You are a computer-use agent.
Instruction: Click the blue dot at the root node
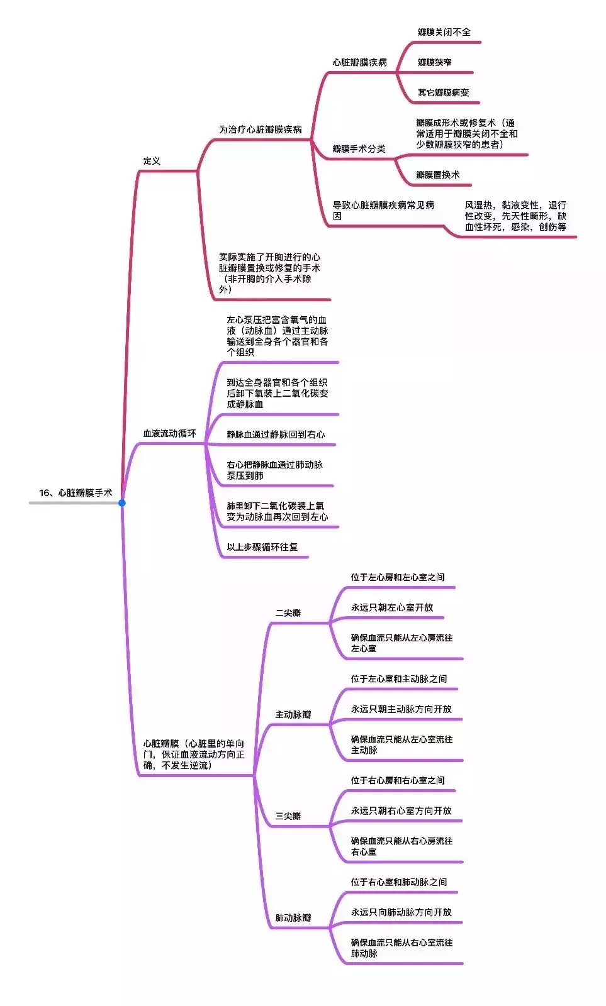[122, 502]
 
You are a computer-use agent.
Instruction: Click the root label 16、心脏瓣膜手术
[76, 493]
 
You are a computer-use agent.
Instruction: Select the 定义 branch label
[152, 161]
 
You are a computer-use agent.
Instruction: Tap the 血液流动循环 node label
[169, 433]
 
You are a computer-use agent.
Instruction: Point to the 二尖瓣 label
[288, 612]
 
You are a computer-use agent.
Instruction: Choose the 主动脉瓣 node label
[293, 714]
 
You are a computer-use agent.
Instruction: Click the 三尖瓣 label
[288, 815]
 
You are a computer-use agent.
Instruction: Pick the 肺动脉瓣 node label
[293, 917]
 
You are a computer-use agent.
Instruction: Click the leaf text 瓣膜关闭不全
[444, 32]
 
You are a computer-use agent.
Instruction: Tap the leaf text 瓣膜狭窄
[434, 62]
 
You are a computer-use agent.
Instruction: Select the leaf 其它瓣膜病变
[443, 92]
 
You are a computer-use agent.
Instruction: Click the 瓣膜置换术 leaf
[438, 175]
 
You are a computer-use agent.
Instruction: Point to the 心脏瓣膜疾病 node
[360, 62]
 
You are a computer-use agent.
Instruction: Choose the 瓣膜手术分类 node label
[359, 148]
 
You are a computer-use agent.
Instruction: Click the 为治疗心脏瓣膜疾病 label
[261, 130]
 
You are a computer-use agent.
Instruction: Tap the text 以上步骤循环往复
[262, 546]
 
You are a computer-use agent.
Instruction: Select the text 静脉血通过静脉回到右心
[276, 434]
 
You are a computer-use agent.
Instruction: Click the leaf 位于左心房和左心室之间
[398, 577]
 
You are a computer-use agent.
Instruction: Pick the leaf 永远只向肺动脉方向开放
[401, 912]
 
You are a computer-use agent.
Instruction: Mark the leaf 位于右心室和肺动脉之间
[399, 882]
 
